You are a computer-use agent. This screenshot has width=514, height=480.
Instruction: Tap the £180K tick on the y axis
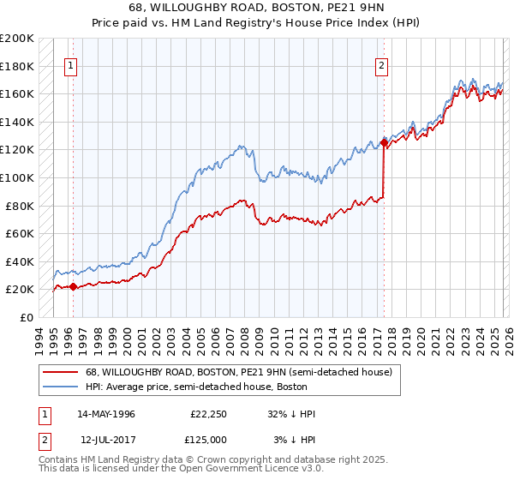17,65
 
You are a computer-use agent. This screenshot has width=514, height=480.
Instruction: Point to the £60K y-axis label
20,233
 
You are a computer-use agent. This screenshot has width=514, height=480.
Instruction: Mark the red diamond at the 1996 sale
73,287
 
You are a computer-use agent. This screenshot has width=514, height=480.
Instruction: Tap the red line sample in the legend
61,372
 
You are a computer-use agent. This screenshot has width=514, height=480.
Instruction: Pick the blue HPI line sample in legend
61,387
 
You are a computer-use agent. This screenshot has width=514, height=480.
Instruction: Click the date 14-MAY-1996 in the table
106,414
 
